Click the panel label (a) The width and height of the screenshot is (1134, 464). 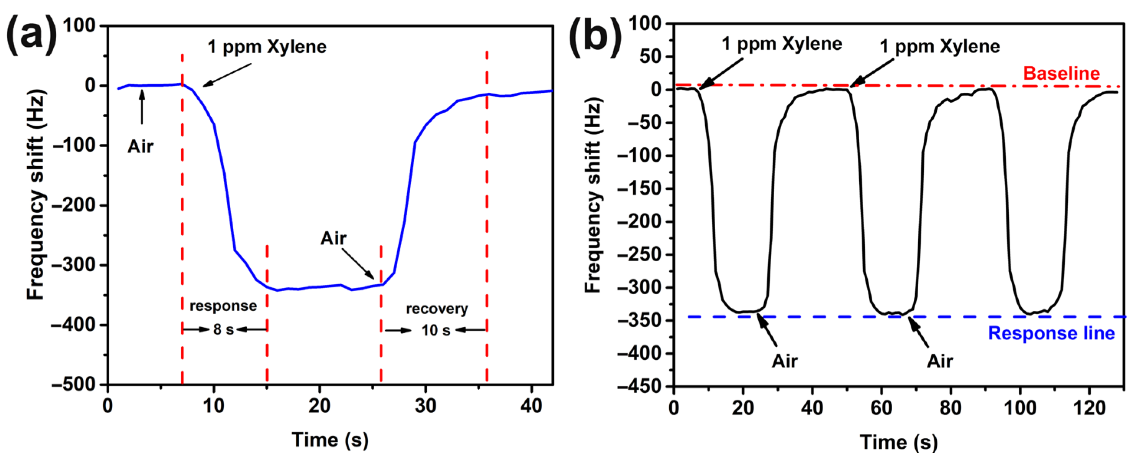point(32,34)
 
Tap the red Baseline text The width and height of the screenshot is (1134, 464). point(1061,73)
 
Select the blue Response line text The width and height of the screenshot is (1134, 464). point(1051,333)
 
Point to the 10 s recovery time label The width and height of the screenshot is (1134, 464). point(435,330)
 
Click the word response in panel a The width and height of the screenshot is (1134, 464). point(223,305)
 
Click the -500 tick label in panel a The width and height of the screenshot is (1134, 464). point(74,384)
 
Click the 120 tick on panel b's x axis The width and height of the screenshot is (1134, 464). point(1089,408)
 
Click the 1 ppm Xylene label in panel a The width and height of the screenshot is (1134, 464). point(267,47)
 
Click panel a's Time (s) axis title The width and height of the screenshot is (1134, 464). point(330,440)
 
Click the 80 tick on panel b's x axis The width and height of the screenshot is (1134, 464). point(950,408)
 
